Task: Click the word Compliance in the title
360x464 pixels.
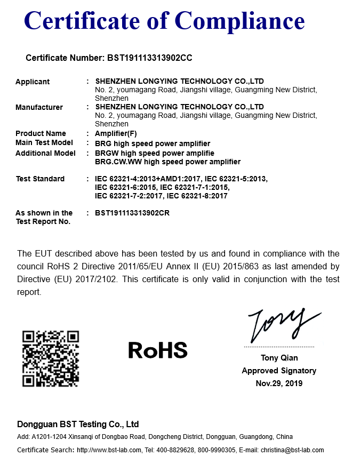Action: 239,21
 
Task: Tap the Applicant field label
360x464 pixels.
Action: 33,82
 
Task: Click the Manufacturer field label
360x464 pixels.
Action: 39,107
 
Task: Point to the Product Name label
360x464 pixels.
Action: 41,133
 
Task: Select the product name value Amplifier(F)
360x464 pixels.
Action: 116,133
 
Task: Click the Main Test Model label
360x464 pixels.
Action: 44,143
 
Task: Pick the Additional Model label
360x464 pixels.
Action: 45,153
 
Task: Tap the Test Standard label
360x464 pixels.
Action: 40,179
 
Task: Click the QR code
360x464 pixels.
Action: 51,358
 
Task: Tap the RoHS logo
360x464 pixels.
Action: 158,350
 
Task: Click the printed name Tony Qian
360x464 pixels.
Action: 279,358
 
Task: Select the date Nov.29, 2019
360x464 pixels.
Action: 279,383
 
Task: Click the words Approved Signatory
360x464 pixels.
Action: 279,371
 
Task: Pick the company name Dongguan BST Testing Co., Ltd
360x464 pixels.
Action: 78,425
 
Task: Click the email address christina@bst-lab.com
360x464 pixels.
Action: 292,450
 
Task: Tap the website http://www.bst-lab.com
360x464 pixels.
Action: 109,450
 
